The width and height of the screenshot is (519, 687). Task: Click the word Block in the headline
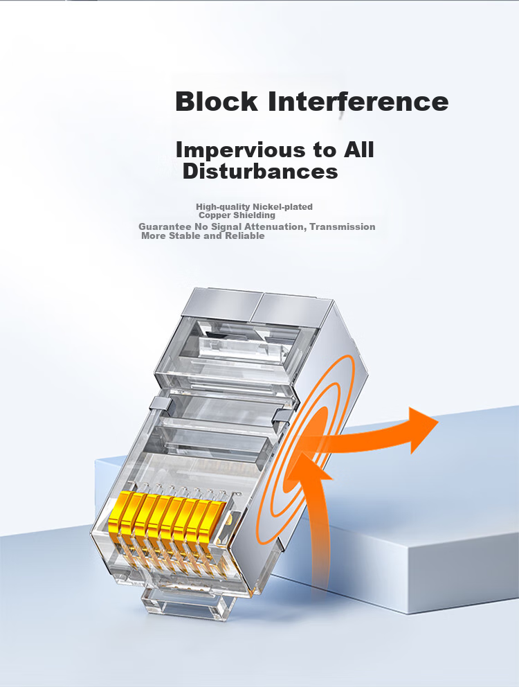pos(217,101)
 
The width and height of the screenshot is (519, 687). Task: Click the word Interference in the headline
pos(358,101)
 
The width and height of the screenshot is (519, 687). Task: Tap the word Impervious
pos(240,151)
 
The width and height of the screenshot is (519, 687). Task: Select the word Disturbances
pos(260,171)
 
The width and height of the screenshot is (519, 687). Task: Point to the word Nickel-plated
pos(282,207)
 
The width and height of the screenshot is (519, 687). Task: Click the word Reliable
pos(245,235)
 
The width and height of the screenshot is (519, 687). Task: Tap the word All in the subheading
pos(358,150)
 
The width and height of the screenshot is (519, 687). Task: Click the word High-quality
pos(223,207)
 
